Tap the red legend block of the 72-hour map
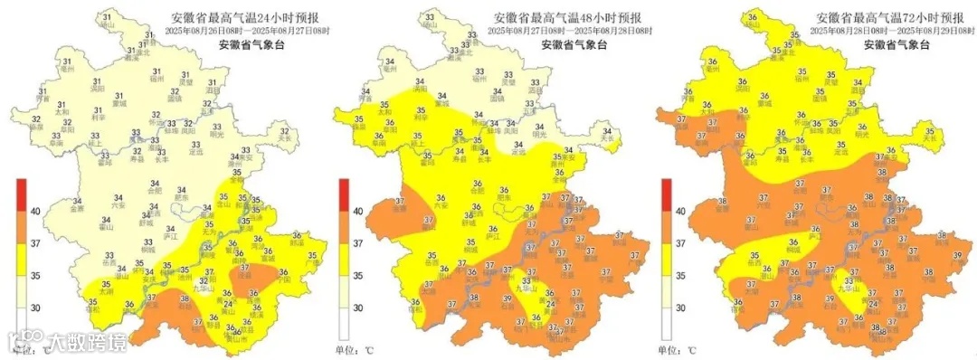tap(666, 194)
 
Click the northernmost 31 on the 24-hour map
tap(109, 18)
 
